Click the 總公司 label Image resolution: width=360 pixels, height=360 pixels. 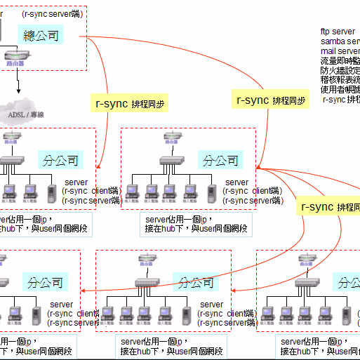pos(41,36)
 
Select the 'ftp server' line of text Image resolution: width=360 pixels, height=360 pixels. pos(338,32)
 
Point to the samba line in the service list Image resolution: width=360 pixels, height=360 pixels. pos(340,41)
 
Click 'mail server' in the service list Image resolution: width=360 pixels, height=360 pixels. pos(340,51)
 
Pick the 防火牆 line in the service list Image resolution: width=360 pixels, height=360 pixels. pos(340,70)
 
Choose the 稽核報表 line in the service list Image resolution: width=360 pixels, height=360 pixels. pos(340,80)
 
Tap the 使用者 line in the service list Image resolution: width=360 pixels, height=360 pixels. pos(340,89)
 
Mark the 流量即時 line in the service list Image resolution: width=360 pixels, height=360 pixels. pos(340,60)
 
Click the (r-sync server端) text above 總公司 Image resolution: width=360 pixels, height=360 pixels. pos(53,13)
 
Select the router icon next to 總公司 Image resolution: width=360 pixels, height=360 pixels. pos(15,58)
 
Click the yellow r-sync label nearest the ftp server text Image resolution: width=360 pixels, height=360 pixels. pos(271,100)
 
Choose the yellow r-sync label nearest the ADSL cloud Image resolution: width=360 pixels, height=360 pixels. pos(131,103)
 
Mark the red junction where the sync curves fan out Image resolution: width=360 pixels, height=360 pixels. pos(258,168)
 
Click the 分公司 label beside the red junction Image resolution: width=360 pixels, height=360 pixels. pos(220,160)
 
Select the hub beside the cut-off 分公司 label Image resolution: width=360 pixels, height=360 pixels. pos(307,284)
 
